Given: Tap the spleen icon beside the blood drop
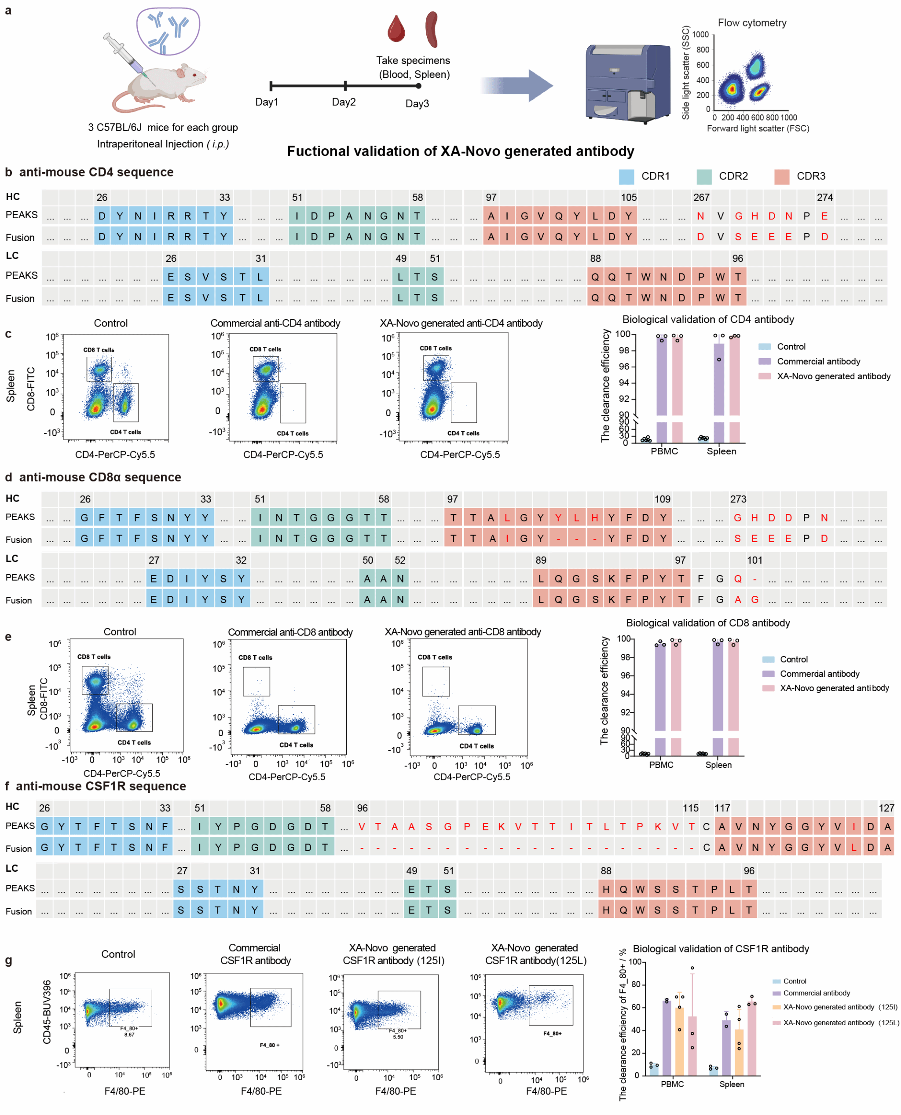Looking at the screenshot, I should [x=432, y=29].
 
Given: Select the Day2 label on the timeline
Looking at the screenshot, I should [x=344, y=102].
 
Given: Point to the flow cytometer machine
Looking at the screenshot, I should [x=628, y=83].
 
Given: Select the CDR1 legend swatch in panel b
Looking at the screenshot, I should [x=626, y=176].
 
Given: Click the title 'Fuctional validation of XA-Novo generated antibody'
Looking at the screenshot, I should [x=460, y=151].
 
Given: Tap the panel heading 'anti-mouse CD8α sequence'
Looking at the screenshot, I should [x=100, y=477].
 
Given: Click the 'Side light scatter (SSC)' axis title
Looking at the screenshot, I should [x=685, y=73].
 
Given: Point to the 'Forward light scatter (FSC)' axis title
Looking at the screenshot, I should [x=758, y=128].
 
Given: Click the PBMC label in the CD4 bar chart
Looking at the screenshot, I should [x=664, y=451].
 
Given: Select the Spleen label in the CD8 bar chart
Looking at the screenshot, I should [x=718, y=765].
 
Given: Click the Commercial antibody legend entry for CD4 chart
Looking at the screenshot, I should [x=818, y=361].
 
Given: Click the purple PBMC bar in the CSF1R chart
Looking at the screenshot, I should [x=667, y=1038].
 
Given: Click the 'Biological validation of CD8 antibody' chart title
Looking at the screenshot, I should [x=708, y=623].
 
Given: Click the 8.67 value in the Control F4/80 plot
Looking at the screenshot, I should [x=129, y=1034].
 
